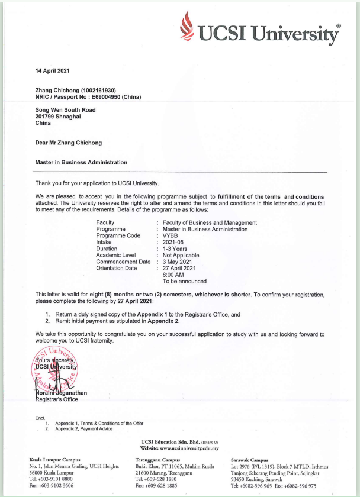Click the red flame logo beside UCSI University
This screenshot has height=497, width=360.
click(x=188, y=26)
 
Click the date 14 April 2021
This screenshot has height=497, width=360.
click(x=53, y=71)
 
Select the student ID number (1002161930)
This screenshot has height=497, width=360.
click(x=102, y=89)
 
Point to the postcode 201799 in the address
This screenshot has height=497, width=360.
click(x=45, y=116)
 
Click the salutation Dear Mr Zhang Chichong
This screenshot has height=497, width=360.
click(x=68, y=143)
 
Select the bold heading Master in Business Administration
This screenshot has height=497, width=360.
click(x=81, y=162)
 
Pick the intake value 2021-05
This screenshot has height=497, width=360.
click(x=173, y=242)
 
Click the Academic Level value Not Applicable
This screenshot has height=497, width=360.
click(x=181, y=256)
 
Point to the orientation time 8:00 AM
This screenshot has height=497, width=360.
click(x=173, y=275)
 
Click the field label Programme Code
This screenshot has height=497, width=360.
click(x=118, y=235)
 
